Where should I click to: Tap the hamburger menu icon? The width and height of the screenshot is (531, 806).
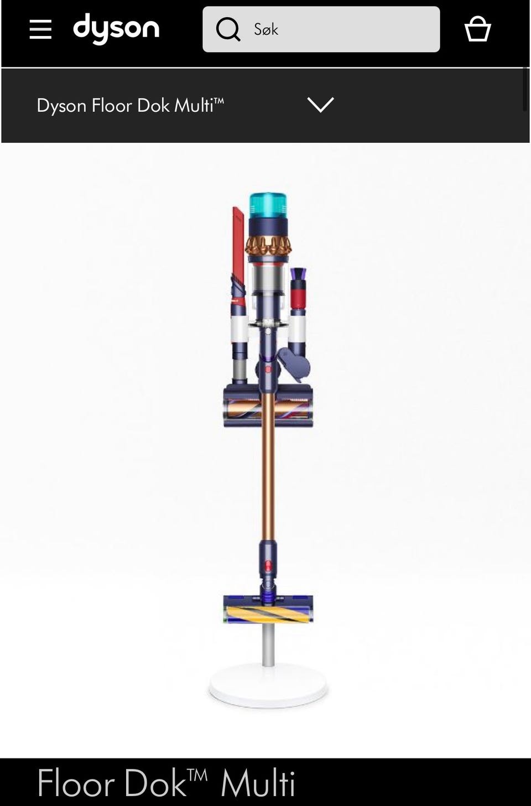(x=40, y=29)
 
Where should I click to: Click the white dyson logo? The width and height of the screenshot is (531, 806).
(x=116, y=29)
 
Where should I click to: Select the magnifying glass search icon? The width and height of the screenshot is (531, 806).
(x=228, y=29)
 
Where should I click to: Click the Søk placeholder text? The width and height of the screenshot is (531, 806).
(x=266, y=29)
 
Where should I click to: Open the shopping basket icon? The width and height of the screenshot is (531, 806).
(x=478, y=28)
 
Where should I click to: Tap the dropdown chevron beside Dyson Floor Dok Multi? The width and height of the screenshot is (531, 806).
(x=321, y=105)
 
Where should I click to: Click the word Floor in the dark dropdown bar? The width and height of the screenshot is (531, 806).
(x=112, y=106)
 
